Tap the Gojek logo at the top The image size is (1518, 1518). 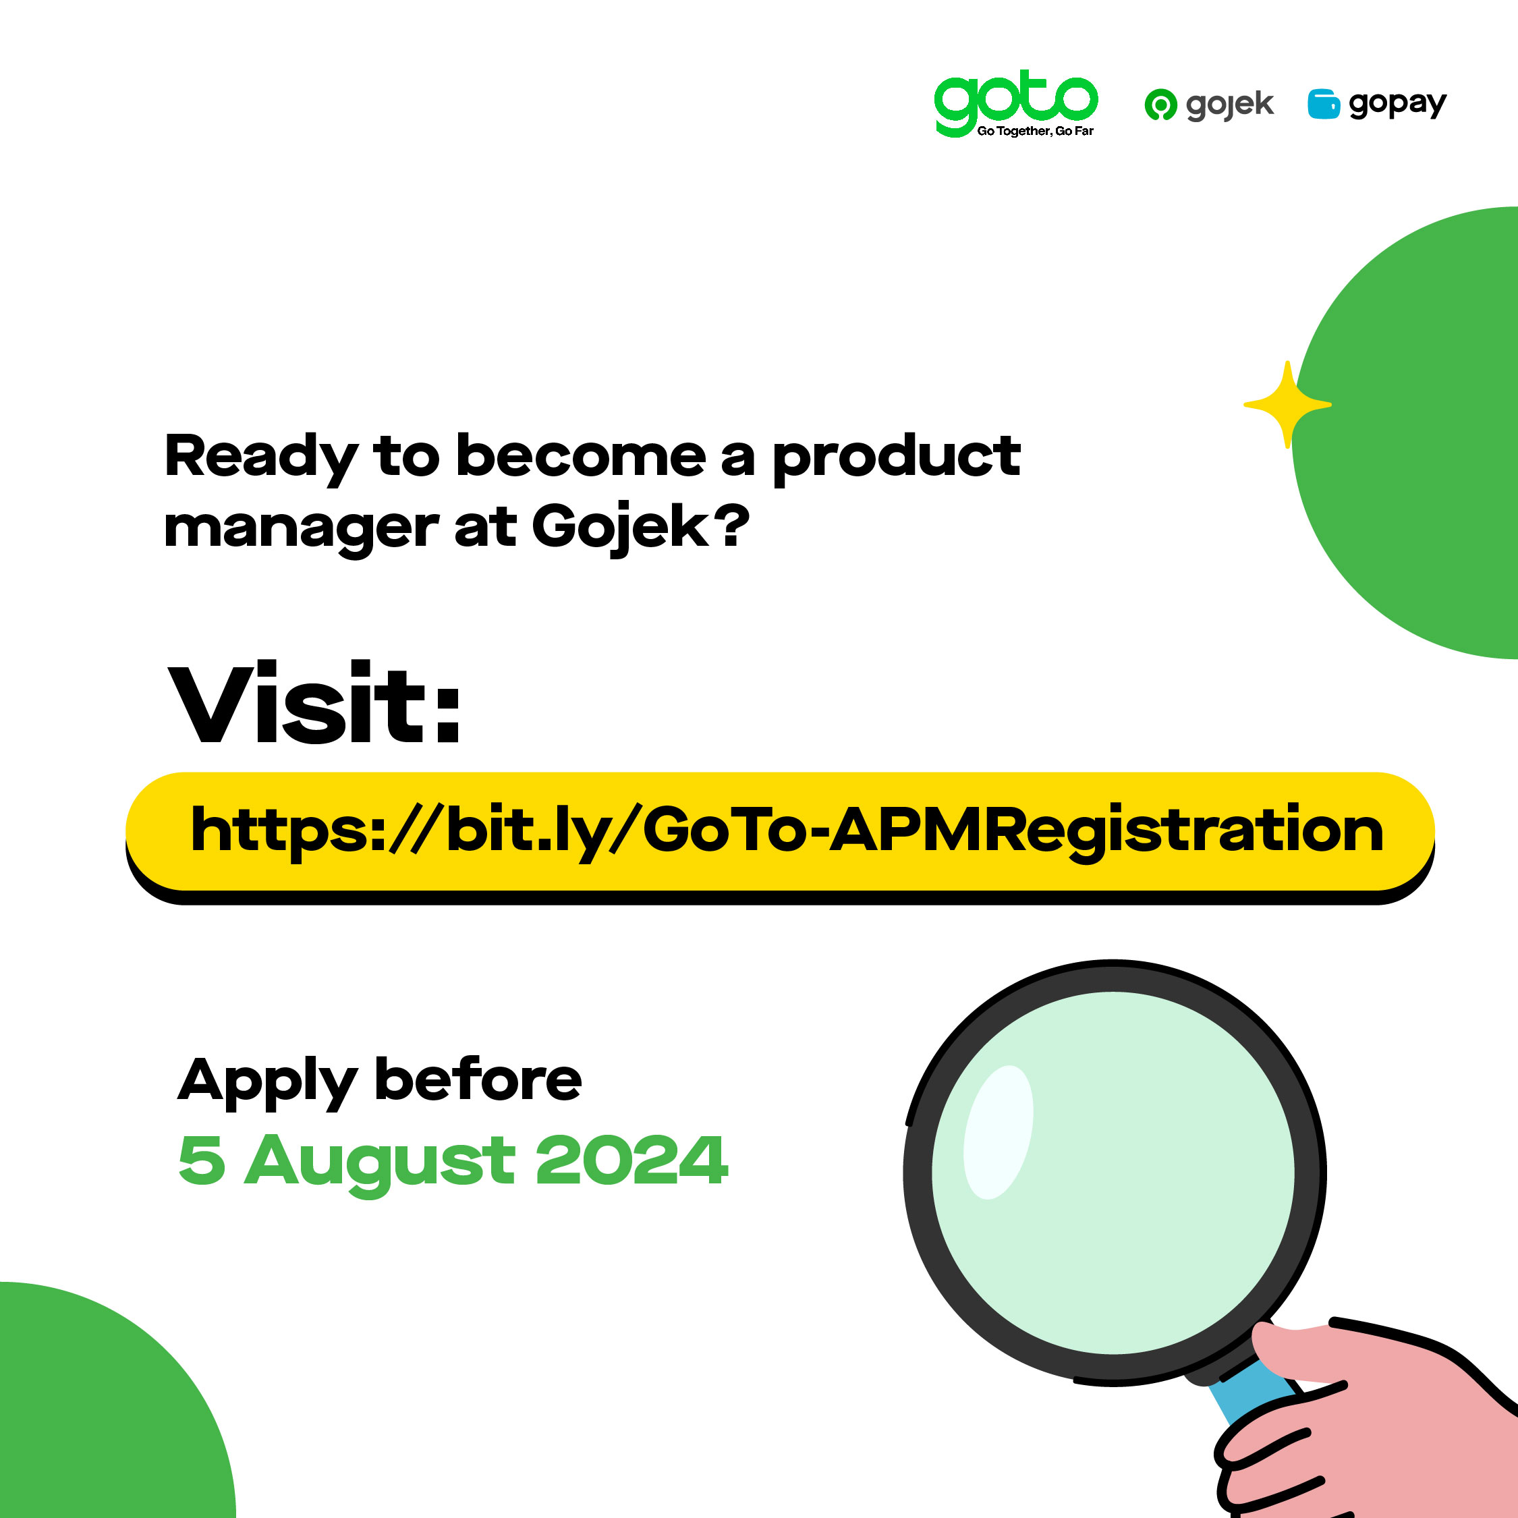(1208, 105)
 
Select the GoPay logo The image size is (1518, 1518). (1376, 104)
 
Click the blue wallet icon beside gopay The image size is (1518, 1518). (1323, 104)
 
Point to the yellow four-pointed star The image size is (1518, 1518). (1287, 405)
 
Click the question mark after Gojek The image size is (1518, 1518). (732, 525)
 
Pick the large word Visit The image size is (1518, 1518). (314, 702)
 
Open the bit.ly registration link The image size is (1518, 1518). (787, 832)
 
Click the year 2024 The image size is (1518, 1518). (631, 1159)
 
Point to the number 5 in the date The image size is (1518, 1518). (202, 1160)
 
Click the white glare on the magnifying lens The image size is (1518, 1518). (998, 1132)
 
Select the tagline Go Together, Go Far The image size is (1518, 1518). (1035, 131)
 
